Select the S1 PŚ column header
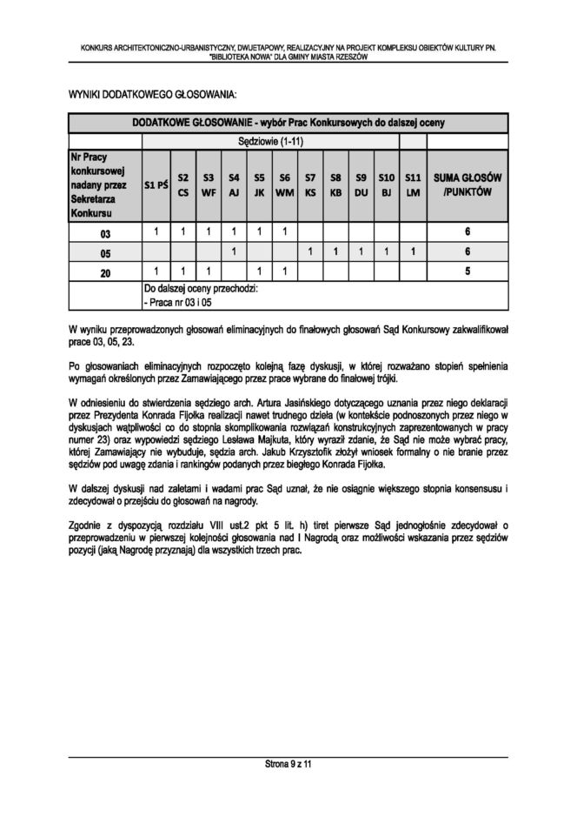(x=156, y=184)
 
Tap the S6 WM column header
(x=284, y=184)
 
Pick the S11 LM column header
(x=414, y=184)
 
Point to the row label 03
(x=105, y=233)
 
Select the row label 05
(x=105, y=252)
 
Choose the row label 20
(x=105, y=271)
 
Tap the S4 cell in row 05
(x=234, y=252)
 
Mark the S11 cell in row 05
(x=414, y=252)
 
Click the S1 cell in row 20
(x=156, y=271)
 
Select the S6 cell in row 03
(x=284, y=233)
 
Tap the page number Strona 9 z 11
(x=288, y=764)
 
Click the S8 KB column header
(x=335, y=184)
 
